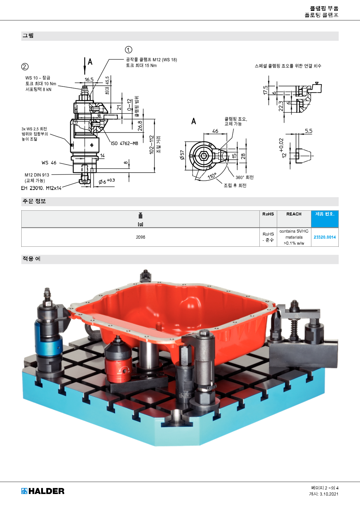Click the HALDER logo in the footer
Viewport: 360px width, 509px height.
(43, 491)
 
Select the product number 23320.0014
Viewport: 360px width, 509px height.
(325, 237)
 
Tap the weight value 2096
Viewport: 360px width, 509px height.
(141, 237)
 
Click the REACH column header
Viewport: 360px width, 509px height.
(294, 214)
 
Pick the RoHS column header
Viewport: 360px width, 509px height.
(268, 214)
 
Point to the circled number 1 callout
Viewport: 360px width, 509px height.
(129, 50)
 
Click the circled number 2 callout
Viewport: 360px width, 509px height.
(25, 67)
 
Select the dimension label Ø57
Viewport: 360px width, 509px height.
(182, 155)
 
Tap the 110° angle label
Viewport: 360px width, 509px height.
(212, 176)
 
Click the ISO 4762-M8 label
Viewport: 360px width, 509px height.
(125, 143)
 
